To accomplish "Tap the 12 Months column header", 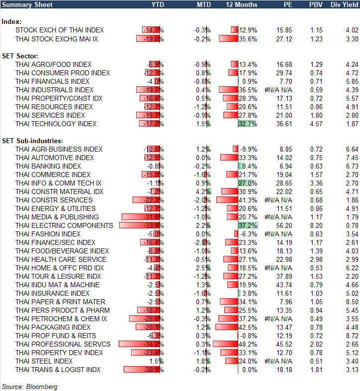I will tap(242, 4).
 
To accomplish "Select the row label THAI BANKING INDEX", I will tap(48, 166).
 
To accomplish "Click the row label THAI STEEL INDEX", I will tap(44, 361).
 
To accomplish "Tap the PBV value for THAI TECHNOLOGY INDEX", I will tap(316, 124).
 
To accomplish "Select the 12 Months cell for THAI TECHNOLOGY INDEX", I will tap(248, 124).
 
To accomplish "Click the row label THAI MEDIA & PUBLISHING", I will tap(57, 217).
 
